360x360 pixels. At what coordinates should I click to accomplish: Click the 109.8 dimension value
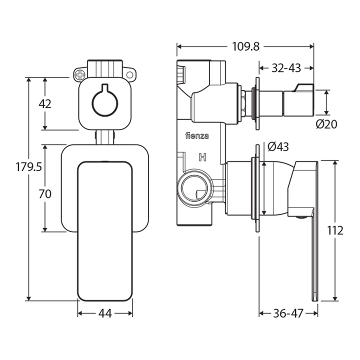tap(245, 46)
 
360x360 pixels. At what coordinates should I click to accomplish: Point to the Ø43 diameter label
tap(278, 147)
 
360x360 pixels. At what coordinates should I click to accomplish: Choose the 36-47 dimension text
tap(287, 313)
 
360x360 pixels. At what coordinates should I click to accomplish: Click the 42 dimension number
tap(45, 104)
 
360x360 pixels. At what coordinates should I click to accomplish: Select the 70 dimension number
tap(45, 194)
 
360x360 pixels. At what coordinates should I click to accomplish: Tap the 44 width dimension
tap(104, 313)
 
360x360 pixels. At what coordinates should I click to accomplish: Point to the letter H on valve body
tap(202, 158)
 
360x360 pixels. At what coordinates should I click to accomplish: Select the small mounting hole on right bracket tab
tap(129, 75)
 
